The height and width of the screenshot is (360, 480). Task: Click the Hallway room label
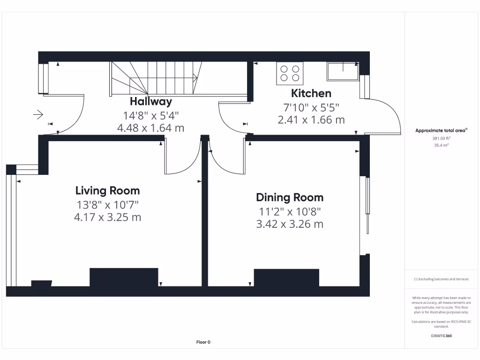pos(150,101)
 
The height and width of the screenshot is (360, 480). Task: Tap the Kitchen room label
pos(311,93)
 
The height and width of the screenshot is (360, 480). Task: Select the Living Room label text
pos(107,191)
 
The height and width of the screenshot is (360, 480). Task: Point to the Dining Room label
pos(289,197)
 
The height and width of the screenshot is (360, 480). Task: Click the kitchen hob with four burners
pos(290,73)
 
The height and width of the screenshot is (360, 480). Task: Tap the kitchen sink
pos(343,71)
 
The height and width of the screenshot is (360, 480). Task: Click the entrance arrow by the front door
pos(38,114)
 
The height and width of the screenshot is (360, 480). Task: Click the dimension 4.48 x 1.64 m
pos(150,127)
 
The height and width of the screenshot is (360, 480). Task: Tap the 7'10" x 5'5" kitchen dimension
pos(311,107)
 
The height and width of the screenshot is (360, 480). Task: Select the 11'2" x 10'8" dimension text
pos(289,211)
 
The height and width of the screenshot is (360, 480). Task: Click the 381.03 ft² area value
pos(441,138)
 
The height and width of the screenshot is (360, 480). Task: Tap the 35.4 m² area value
pos(441,145)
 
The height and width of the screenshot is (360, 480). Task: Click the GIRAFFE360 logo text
pos(441,336)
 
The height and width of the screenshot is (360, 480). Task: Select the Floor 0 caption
pos(203,342)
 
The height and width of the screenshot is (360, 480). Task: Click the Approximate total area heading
pos(441,131)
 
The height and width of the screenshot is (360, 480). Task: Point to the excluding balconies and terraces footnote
pos(441,279)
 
